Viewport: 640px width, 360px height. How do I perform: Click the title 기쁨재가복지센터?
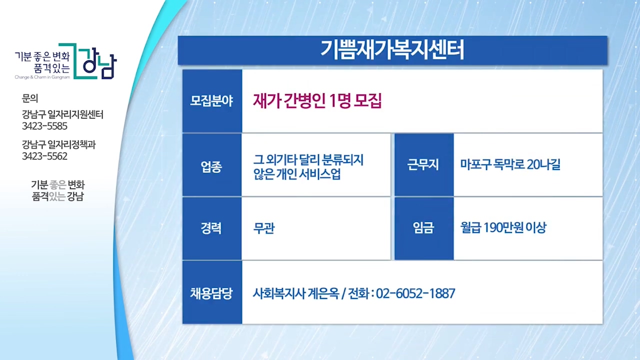pyautogui.click(x=392, y=50)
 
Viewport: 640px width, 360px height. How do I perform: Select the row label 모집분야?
pyautogui.click(x=211, y=101)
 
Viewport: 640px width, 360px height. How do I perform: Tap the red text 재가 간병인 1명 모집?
pyautogui.click(x=317, y=100)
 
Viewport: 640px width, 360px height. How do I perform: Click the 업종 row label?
pyautogui.click(x=211, y=166)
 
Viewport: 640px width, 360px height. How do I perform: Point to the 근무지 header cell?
pyautogui.click(x=423, y=164)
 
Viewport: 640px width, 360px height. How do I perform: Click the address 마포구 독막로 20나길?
pyautogui.click(x=510, y=164)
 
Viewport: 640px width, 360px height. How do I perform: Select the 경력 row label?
pyautogui.click(x=211, y=228)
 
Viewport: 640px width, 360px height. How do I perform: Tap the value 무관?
pyautogui.click(x=264, y=228)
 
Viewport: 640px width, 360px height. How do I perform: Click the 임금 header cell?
pyautogui.click(x=423, y=227)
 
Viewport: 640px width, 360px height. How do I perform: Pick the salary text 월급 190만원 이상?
pyautogui.click(x=503, y=227)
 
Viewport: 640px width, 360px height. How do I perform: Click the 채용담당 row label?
pyautogui.click(x=211, y=293)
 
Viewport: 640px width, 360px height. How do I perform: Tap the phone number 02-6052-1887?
pyautogui.click(x=415, y=293)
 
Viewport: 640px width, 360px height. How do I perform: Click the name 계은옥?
pyautogui.click(x=323, y=293)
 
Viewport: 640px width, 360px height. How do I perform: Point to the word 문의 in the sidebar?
pyautogui.click(x=30, y=98)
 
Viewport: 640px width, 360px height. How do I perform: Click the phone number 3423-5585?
pyautogui.click(x=44, y=126)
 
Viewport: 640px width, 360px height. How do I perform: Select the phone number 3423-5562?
pyautogui.click(x=44, y=156)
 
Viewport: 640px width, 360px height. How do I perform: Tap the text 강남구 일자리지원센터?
pyautogui.click(x=62, y=114)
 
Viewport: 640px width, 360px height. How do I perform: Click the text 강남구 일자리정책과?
pyautogui.click(x=59, y=144)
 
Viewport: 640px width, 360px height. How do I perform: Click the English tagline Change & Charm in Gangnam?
pyautogui.click(x=42, y=77)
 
